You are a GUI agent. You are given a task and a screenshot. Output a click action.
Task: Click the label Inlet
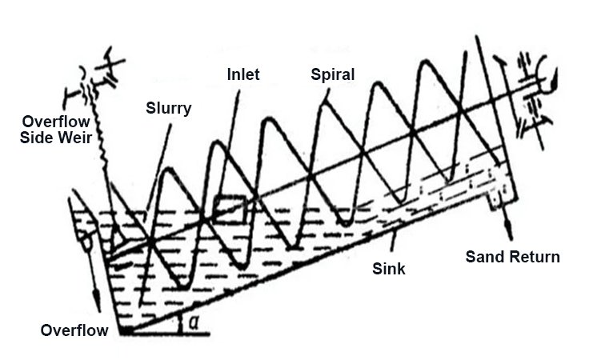(243, 74)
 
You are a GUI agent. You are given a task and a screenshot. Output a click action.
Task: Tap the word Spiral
(332, 74)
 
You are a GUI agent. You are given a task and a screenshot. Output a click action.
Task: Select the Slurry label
(168, 109)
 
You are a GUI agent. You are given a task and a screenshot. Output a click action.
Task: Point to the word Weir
(77, 138)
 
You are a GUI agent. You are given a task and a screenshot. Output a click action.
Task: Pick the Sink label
(388, 269)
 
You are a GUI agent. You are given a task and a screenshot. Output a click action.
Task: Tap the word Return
(534, 257)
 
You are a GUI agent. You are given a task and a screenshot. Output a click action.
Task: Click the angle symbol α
(194, 322)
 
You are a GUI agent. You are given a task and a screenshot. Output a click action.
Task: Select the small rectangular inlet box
(230, 210)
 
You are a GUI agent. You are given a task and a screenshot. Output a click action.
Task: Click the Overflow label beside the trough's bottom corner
(74, 330)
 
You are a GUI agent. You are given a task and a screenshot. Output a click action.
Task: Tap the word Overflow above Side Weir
(55, 122)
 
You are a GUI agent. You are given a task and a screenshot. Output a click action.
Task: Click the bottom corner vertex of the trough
(122, 333)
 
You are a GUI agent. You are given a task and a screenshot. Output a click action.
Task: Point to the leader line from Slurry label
(158, 168)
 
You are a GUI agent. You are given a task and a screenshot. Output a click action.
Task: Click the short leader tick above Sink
(393, 242)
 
